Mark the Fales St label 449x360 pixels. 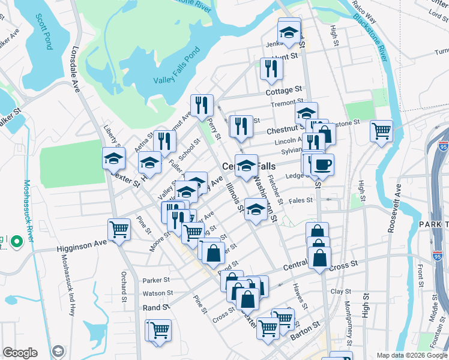pos(301,200)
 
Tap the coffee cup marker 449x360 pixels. pos(322,164)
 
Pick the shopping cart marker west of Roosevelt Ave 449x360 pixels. pos(381,130)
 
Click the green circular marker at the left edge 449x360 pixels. pos(16,242)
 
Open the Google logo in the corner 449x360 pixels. pos(20,353)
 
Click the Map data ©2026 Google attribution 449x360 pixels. pos(411,355)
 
